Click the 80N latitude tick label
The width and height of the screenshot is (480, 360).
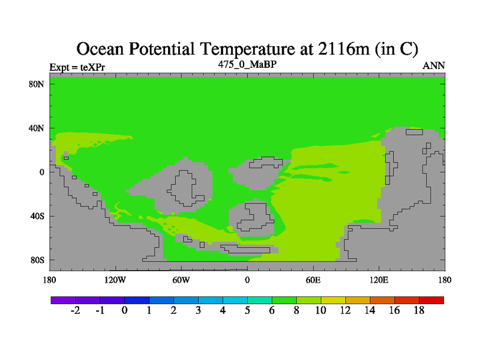tap(37, 84)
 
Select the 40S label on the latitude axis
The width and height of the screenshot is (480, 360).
tap(37, 216)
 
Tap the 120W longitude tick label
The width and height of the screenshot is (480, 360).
tap(115, 280)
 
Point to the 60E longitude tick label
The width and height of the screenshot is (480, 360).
tap(313, 280)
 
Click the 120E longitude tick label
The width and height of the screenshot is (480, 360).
tap(379, 280)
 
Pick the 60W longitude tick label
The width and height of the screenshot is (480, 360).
tap(181, 280)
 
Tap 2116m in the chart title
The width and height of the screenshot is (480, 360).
tap(344, 49)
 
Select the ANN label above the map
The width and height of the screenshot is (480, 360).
tap(434, 66)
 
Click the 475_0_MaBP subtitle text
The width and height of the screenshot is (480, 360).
tap(247, 65)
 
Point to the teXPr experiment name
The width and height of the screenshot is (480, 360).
tap(92, 67)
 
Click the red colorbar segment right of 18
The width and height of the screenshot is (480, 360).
tap(431, 301)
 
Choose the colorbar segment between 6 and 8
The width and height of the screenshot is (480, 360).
tap(284, 301)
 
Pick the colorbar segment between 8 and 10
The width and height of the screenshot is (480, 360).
tap(308, 301)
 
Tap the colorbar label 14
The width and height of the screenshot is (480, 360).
tap(370, 310)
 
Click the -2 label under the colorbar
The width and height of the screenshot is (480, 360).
tap(76, 310)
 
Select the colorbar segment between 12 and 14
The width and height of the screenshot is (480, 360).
tap(358, 301)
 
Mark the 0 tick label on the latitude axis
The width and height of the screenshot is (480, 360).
tap(41, 172)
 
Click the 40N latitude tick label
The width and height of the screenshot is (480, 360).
tap(37, 128)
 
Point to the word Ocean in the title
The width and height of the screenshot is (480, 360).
tap(100, 49)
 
